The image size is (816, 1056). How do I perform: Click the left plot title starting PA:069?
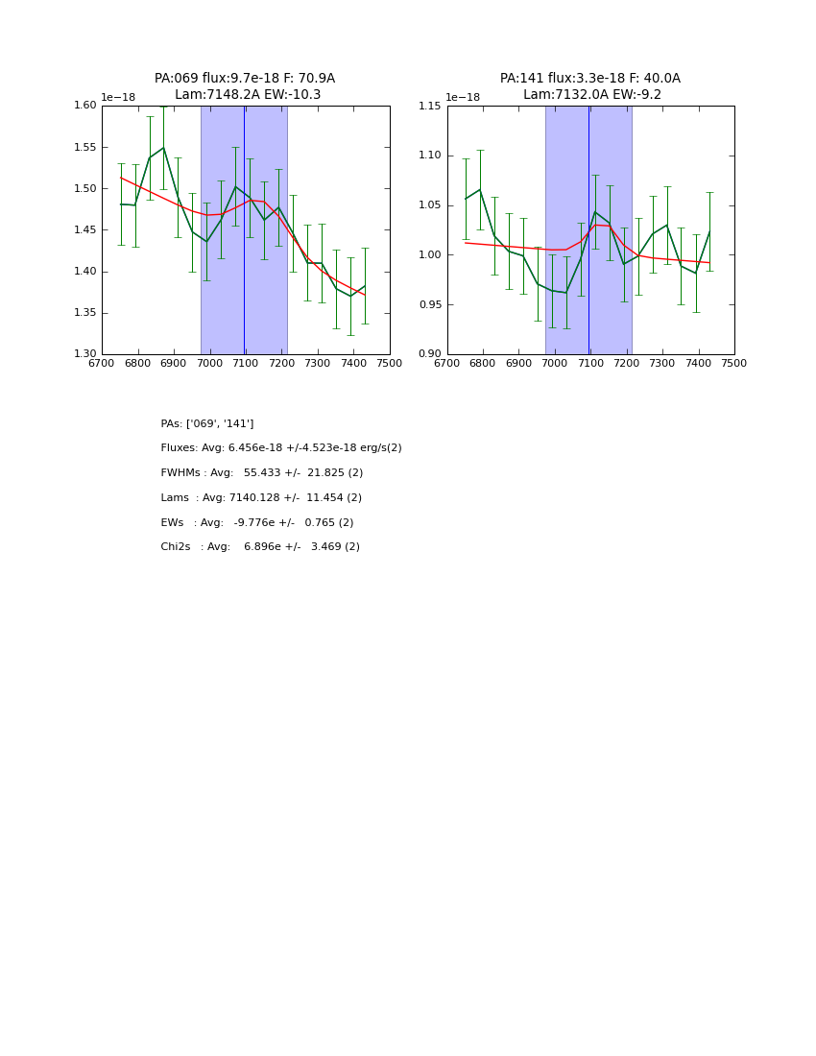[245, 79]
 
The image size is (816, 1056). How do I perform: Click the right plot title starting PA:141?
[589, 79]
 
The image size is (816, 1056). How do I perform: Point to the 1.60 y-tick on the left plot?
[85, 106]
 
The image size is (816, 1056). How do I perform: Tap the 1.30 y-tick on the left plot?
[85, 354]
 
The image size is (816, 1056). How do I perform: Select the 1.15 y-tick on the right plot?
[430, 106]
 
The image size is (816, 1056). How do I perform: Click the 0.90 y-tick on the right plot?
[430, 354]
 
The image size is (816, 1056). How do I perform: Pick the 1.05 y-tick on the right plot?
[430, 205]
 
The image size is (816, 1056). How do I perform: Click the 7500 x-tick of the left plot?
[390, 364]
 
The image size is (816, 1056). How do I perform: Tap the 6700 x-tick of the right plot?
[447, 364]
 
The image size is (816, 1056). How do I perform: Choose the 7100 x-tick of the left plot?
[246, 364]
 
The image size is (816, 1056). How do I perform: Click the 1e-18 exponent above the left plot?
[118, 97]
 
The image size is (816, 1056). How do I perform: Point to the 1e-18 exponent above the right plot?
[463, 97]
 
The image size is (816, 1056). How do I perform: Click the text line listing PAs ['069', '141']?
[207, 423]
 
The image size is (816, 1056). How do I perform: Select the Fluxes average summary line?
[281, 448]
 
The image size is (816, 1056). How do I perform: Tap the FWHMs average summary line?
[262, 473]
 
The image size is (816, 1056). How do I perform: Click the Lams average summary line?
[261, 498]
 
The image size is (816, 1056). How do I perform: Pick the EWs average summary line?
[257, 523]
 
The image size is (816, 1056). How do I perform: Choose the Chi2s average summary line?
[260, 547]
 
